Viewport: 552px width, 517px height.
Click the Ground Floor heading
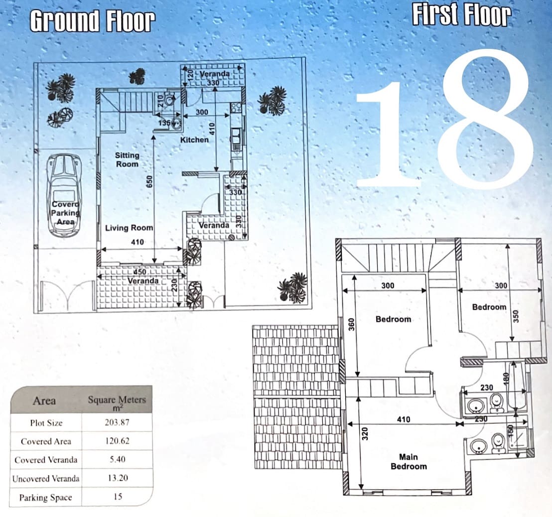(x=93, y=21)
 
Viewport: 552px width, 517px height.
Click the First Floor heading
(x=461, y=15)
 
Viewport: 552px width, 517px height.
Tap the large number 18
(x=445, y=119)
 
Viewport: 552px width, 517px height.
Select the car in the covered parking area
(x=65, y=195)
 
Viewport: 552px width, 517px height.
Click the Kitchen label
(x=194, y=140)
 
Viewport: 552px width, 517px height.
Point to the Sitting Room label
(x=127, y=159)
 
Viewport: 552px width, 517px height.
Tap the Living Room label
(x=129, y=228)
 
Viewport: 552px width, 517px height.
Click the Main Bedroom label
(x=409, y=461)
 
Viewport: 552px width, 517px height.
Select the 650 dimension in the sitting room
(x=149, y=182)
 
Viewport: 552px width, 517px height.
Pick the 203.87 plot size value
(x=117, y=422)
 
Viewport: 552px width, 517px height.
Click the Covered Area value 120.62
(x=117, y=441)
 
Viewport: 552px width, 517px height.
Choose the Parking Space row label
(x=45, y=497)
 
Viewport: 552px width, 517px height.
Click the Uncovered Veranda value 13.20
(x=118, y=478)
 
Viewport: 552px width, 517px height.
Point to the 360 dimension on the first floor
(x=351, y=324)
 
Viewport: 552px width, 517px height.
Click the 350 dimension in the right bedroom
(x=516, y=316)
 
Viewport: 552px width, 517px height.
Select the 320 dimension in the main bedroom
(x=365, y=434)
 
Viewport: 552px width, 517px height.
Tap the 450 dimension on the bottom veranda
(x=140, y=272)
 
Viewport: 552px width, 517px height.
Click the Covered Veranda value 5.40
(x=117, y=459)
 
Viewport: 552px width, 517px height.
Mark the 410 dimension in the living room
(x=138, y=242)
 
